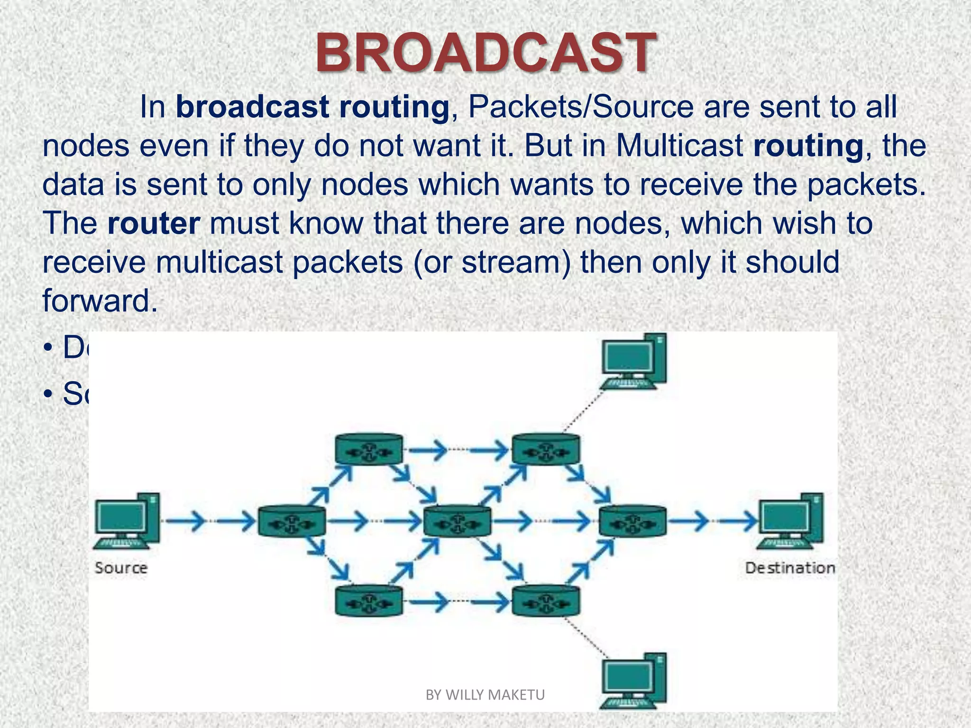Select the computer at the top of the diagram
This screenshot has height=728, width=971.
click(633, 362)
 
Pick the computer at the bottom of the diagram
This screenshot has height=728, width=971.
click(633, 681)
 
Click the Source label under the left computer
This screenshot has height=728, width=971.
click(121, 567)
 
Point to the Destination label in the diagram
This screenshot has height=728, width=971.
click(790, 567)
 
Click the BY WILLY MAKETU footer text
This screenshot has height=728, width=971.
click(485, 695)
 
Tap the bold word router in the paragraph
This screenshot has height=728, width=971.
click(154, 223)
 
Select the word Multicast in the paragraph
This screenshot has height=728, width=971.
click(679, 146)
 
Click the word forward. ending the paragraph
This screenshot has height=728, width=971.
click(100, 300)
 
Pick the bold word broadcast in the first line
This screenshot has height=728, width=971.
click(252, 107)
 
